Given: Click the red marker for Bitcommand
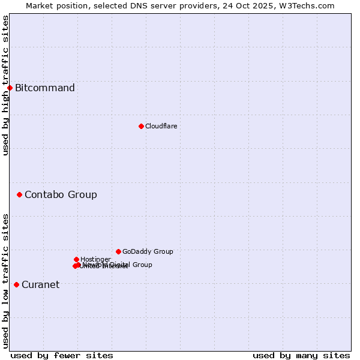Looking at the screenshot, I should [x=10, y=88].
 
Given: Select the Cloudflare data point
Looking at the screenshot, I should [x=141, y=126].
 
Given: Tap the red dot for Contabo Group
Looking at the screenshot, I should [x=19, y=194].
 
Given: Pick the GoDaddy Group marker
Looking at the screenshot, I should [x=118, y=251].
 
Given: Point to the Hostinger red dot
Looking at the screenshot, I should [x=76, y=259].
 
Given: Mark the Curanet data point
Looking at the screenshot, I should [x=16, y=284].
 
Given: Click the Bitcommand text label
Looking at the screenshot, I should [x=45, y=88].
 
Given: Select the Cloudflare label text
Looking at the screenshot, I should [x=161, y=126].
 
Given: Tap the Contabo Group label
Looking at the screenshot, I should [x=61, y=194].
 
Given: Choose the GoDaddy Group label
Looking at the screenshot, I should [x=148, y=251].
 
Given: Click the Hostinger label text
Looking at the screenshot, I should [x=95, y=259].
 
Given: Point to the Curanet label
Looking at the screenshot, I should [x=40, y=284].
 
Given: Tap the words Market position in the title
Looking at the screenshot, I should [x=58, y=5].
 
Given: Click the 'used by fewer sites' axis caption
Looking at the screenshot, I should [x=62, y=355].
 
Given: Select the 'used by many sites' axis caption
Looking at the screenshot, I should [x=301, y=355].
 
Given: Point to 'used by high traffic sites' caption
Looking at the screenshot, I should [x=5, y=85].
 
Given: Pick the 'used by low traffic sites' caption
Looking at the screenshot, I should [x=5, y=281].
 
